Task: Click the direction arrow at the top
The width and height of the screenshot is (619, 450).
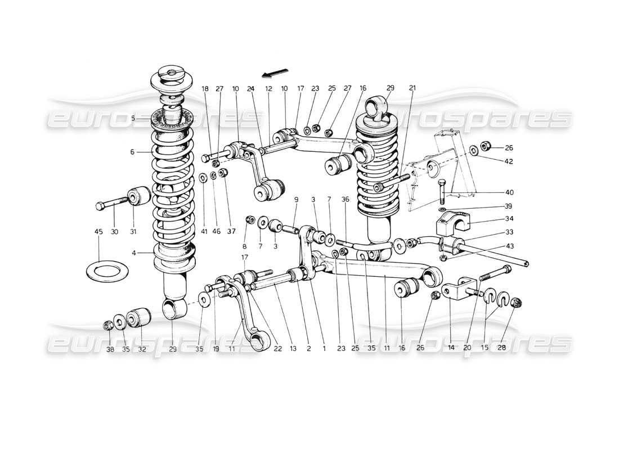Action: [275, 74]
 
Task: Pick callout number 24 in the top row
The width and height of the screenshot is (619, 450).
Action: [250, 88]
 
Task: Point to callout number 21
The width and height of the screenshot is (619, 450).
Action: [412, 88]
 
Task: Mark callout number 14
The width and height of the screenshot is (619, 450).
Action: [451, 348]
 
